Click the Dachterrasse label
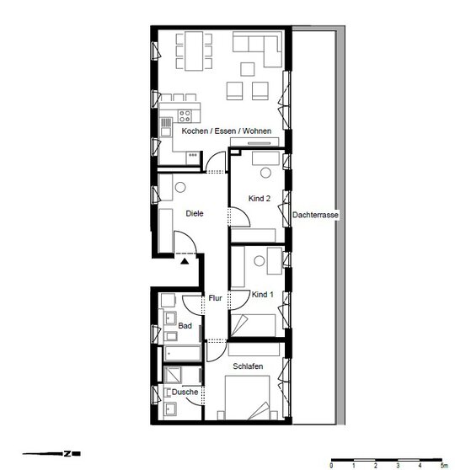(x=315, y=215)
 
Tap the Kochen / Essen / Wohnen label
(x=227, y=131)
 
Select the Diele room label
(x=195, y=213)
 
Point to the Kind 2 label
(x=260, y=199)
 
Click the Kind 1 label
(x=262, y=294)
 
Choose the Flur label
(x=216, y=298)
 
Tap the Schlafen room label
(x=248, y=366)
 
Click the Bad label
(x=185, y=325)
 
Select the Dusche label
(x=185, y=392)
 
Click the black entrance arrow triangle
(x=185, y=261)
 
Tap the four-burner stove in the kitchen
(x=185, y=116)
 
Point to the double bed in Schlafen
(x=248, y=398)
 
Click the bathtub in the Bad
(x=182, y=354)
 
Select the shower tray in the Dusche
(x=173, y=374)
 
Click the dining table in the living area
(x=194, y=51)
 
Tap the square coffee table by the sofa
(x=248, y=69)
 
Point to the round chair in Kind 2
(x=265, y=173)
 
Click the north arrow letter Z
(x=67, y=454)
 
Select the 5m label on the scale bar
(x=444, y=466)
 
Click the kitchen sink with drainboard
(x=166, y=127)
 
